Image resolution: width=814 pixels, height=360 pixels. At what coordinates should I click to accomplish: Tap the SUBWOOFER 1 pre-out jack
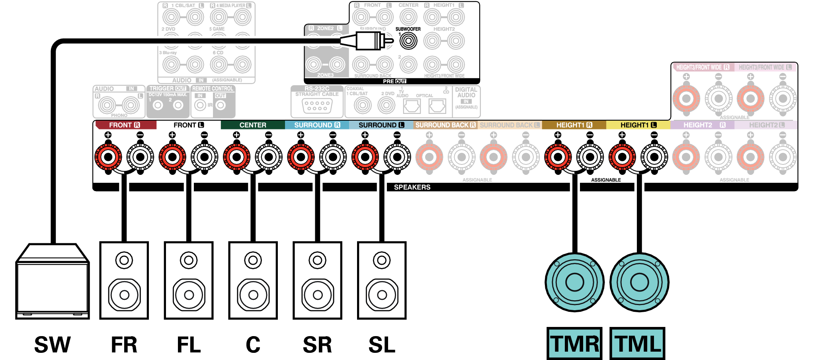click(408, 41)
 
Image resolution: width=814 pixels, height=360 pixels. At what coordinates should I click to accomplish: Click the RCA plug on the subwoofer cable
click(368, 41)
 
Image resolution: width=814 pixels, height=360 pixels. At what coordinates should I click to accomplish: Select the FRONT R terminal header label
click(125, 125)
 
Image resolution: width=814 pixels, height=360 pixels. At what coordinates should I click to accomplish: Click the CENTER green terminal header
click(253, 125)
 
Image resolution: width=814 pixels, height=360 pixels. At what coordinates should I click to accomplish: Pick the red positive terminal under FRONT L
click(172, 157)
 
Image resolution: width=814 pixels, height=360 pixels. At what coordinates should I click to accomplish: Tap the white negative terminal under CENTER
click(269, 157)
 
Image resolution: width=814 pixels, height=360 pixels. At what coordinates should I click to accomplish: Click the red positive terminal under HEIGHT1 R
click(558, 157)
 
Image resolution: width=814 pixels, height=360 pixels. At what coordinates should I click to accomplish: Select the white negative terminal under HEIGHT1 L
click(654, 157)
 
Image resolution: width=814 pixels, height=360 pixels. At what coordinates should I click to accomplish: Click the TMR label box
click(574, 343)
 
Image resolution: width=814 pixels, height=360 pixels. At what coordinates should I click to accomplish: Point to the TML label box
click(638, 343)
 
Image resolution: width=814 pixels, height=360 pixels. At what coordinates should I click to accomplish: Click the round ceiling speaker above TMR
click(574, 282)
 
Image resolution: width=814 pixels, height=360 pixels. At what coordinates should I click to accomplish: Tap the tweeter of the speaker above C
click(253, 260)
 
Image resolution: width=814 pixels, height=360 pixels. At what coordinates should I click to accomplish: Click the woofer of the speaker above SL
click(382, 295)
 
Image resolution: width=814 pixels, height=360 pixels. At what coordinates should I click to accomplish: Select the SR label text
click(317, 344)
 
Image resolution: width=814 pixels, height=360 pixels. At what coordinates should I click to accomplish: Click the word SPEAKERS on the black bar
click(412, 187)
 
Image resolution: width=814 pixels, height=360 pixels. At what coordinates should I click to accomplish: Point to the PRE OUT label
click(394, 81)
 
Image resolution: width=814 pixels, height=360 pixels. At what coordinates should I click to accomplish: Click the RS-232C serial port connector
click(317, 106)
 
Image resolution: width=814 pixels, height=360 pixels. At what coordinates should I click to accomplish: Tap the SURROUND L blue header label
click(381, 125)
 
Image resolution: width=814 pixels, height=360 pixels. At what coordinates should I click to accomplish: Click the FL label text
click(189, 344)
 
